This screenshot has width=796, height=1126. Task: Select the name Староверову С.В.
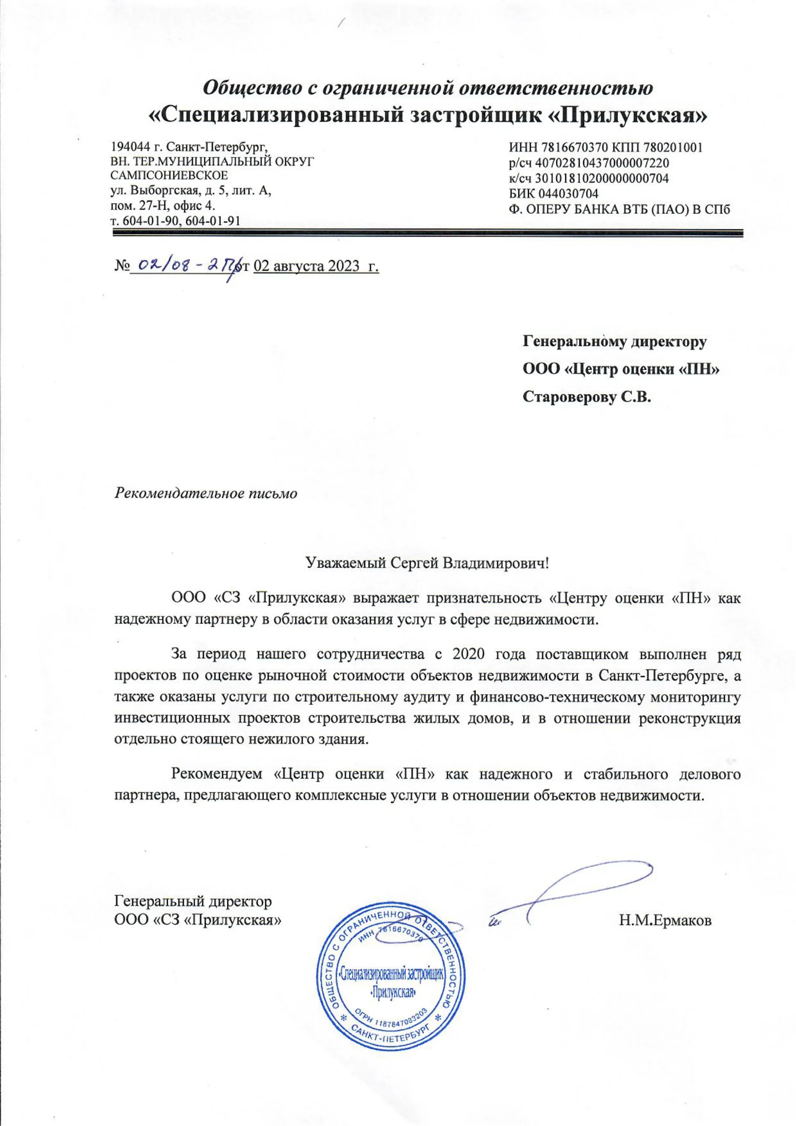point(588,397)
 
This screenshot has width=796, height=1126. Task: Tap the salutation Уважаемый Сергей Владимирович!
point(427,563)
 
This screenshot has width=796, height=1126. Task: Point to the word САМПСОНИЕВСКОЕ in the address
point(170,175)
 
